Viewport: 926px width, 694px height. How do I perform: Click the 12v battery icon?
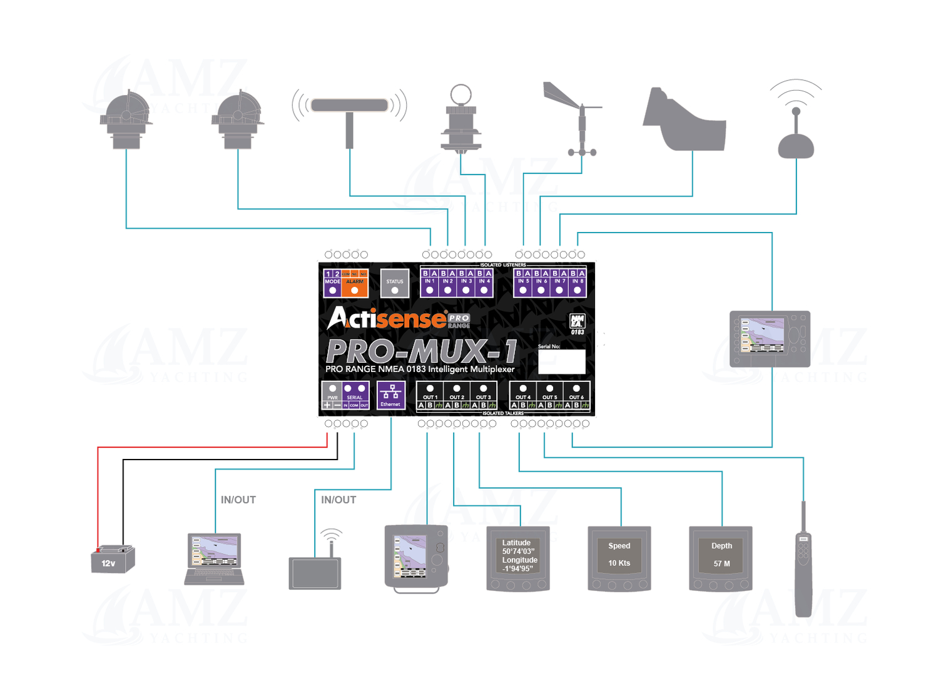pos(113,559)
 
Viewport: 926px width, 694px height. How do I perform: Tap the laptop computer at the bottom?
pos(214,559)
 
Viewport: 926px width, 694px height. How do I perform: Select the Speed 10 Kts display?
pos(619,558)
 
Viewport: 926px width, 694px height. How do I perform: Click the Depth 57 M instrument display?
pos(721,558)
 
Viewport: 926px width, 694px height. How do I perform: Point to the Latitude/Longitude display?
pos(518,558)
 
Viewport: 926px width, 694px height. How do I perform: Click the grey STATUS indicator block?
pos(395,283)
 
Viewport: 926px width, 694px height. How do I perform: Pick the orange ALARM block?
pos(355,283)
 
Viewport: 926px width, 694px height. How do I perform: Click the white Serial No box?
pos(561,361)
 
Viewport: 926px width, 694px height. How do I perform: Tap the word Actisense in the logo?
pos(388,319)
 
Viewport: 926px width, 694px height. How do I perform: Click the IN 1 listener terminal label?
pos(429,282)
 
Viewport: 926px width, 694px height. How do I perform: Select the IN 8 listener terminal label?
pos(577,282)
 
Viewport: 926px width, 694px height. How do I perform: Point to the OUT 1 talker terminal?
pos(430,396)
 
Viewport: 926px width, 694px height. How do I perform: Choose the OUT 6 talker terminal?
pos(576,396)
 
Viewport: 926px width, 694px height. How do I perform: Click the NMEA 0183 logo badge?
pos(577,324)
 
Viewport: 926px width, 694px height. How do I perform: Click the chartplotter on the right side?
pos(770,339)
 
